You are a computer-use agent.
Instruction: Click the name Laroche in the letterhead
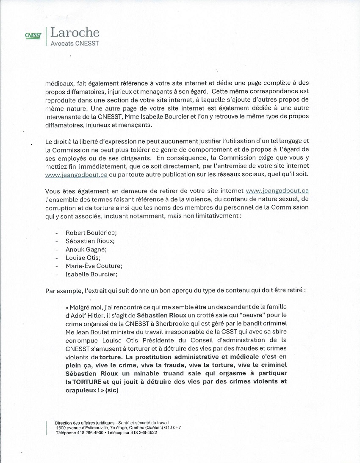pos(75,33)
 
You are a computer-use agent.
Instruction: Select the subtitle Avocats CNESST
pos(75,43)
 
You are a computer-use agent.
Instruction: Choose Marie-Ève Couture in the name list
pos(94,265)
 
